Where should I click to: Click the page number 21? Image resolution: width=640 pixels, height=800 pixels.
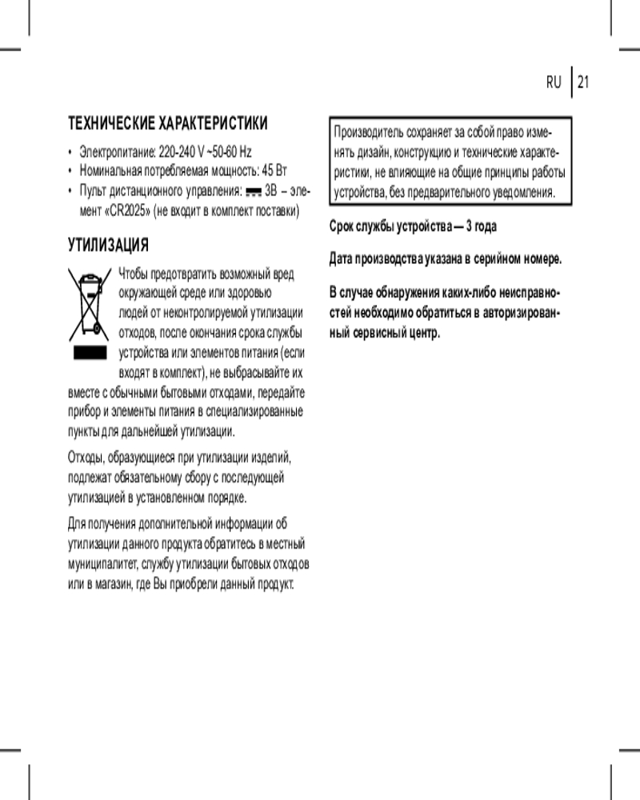click(582, 82)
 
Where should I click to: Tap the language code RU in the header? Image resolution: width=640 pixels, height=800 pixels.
click(554, 82)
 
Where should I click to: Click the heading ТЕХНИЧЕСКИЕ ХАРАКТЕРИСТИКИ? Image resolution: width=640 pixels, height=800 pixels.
click(167, 124)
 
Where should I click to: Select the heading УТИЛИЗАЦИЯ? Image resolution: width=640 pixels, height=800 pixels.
click(109, 243)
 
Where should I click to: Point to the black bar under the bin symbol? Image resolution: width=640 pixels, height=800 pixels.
click(90, 353)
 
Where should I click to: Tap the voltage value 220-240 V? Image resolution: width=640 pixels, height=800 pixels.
click(182, 152)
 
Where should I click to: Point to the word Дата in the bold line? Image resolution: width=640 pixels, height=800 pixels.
click(342, 258)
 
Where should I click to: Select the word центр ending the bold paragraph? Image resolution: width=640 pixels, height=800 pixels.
click(423, 332)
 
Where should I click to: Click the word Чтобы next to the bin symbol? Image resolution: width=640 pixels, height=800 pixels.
click(134, 274)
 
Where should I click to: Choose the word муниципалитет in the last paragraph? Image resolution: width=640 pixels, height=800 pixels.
click(102, 563)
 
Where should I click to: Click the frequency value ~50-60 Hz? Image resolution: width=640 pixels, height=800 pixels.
click(232, 152)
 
